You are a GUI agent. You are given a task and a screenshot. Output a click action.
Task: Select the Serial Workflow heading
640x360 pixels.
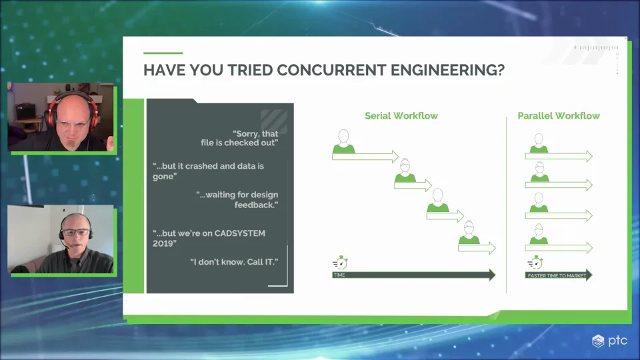tap(401, 116)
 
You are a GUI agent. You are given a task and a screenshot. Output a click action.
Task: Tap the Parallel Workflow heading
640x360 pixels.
tap(559, 116)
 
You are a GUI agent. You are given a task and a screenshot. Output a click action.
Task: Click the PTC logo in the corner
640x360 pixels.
tap(609, 341)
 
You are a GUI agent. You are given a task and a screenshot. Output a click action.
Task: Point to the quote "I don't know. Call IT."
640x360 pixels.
tap(234, 262)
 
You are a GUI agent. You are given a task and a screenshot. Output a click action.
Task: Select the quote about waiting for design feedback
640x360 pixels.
tap(237, 199)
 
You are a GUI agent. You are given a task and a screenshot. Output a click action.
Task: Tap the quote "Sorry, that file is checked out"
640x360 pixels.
tap(239, 138)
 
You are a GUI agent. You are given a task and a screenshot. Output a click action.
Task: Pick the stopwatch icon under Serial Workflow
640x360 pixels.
tap(341, 263)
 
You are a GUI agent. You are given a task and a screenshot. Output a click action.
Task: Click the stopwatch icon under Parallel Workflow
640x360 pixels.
tap(535, 263)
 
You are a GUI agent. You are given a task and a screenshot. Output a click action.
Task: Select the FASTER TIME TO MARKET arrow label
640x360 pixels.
tap(557, 275)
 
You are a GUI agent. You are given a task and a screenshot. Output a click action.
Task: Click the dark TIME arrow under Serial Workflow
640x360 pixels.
tap(413, 275)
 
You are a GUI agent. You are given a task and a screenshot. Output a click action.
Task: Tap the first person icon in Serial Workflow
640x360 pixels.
tap(344, 141)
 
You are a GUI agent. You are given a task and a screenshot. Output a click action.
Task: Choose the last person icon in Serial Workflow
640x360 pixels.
tap(469, 233)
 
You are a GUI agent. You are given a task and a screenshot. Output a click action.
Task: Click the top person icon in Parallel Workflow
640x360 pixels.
tap(539, 143)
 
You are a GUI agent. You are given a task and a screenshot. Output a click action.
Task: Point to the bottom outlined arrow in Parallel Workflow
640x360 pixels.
tap(559, 247)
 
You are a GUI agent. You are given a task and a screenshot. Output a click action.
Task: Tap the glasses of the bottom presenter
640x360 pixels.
tap(76, 232)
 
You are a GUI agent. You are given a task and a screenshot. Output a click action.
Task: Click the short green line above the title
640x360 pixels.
tap(163, 53)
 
